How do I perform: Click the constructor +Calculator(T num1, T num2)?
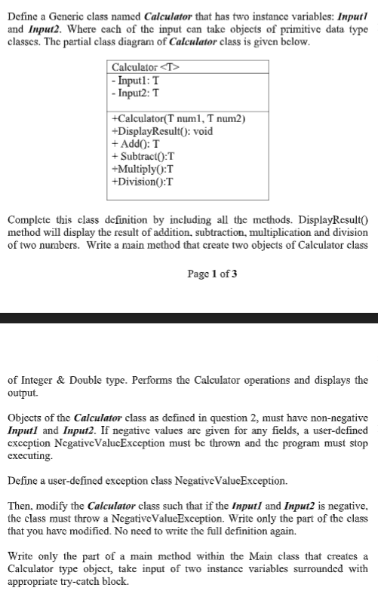click(180, 119)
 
